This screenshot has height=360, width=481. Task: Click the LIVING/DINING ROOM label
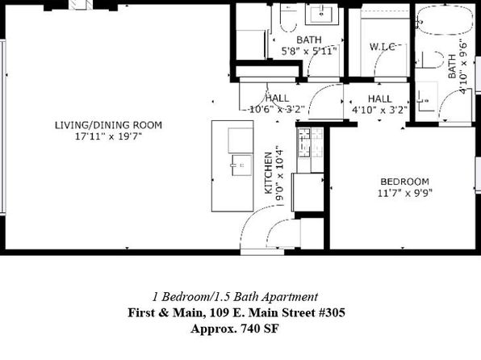point(108,125)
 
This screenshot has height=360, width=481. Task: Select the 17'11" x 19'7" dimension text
point(109,136)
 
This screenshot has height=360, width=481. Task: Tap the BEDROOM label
point(404,182)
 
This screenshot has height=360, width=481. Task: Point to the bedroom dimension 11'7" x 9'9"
point(405,194)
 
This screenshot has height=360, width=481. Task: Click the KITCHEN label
point(269,173)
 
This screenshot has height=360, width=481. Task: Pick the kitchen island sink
point(241,165)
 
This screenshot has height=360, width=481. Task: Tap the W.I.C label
point(382,47)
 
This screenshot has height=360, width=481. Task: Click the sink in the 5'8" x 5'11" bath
point(321,14)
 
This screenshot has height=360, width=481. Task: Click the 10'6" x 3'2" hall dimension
point(277,109)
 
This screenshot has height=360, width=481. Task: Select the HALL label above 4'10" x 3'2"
point(380,98)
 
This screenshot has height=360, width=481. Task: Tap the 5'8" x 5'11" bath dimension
point(309,51)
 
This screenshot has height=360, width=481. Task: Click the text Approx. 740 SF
point(235,329)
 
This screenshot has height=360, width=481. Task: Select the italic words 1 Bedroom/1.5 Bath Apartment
point(236,297)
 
